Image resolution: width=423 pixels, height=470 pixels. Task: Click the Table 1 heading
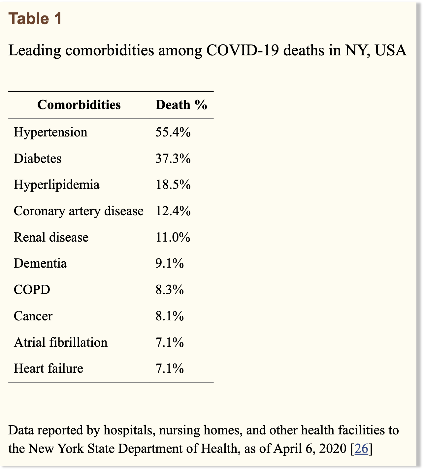[x=35, y=18]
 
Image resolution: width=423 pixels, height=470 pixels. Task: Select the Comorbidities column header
[x=79, y=104]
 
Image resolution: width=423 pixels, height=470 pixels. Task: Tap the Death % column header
[x=181, y=104]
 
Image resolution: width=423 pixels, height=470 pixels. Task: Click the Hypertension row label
[x=50, y=132]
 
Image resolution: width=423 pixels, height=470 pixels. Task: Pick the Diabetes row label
[x=38, y=159]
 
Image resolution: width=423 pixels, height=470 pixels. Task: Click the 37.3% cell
[x=173, y=158]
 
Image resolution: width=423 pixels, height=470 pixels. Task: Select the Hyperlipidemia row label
[x=56, y=185]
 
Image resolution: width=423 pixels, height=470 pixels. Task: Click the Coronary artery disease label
[x=79, y=211]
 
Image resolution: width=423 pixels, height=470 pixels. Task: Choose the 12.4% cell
[x=173, y=211]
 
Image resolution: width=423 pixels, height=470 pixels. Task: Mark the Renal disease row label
[x=51, y=237]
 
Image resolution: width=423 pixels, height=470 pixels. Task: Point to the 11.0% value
[x=173, y=237]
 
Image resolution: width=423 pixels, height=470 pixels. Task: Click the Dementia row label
[x=40, y=263]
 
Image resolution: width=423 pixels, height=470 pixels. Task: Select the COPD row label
[x=32, y=290]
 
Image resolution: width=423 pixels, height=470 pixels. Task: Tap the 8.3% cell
[x=169, y=290]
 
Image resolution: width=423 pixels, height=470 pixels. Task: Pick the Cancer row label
[x=33, y=316]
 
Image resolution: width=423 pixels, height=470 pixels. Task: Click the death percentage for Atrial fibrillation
[x=169, y=342]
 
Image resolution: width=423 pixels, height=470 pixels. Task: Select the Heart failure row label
[x=48, y=368]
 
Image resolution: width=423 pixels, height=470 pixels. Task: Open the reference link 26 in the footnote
[x=361, y=449]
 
